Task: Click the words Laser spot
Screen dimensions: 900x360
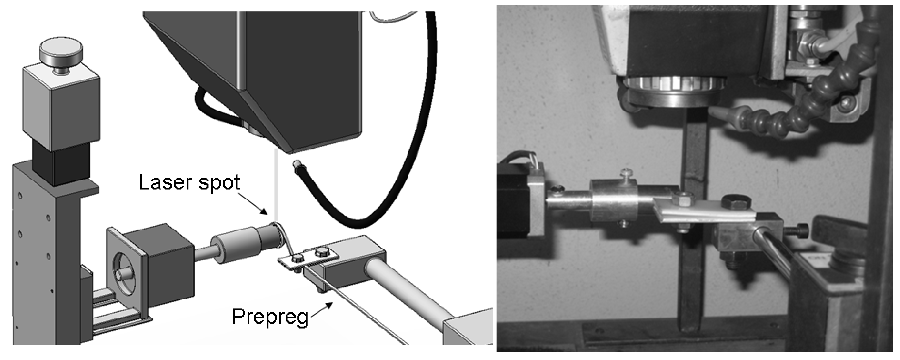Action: (190, 182)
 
